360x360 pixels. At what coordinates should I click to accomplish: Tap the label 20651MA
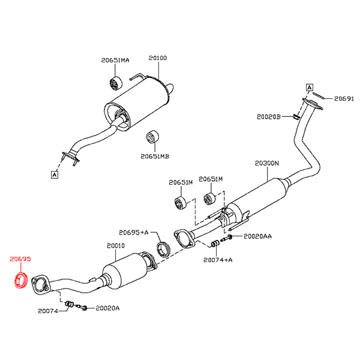click(115, 61)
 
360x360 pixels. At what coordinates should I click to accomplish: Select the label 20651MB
click(155, 156)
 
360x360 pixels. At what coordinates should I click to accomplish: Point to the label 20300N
click(267, 163)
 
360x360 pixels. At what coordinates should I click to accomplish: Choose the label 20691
click(344, 98)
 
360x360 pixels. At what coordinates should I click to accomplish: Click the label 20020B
click(269, 116)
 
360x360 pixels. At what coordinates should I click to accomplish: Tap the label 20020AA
click(257, 236)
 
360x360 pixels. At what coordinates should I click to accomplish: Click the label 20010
click(116, 245)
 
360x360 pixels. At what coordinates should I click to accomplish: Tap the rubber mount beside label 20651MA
click(114, 82)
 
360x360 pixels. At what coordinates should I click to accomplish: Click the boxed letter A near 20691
click(310, 87)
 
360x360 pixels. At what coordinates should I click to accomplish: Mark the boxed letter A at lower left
click(54, 175)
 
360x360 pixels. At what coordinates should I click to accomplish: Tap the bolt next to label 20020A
click(83, 308)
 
